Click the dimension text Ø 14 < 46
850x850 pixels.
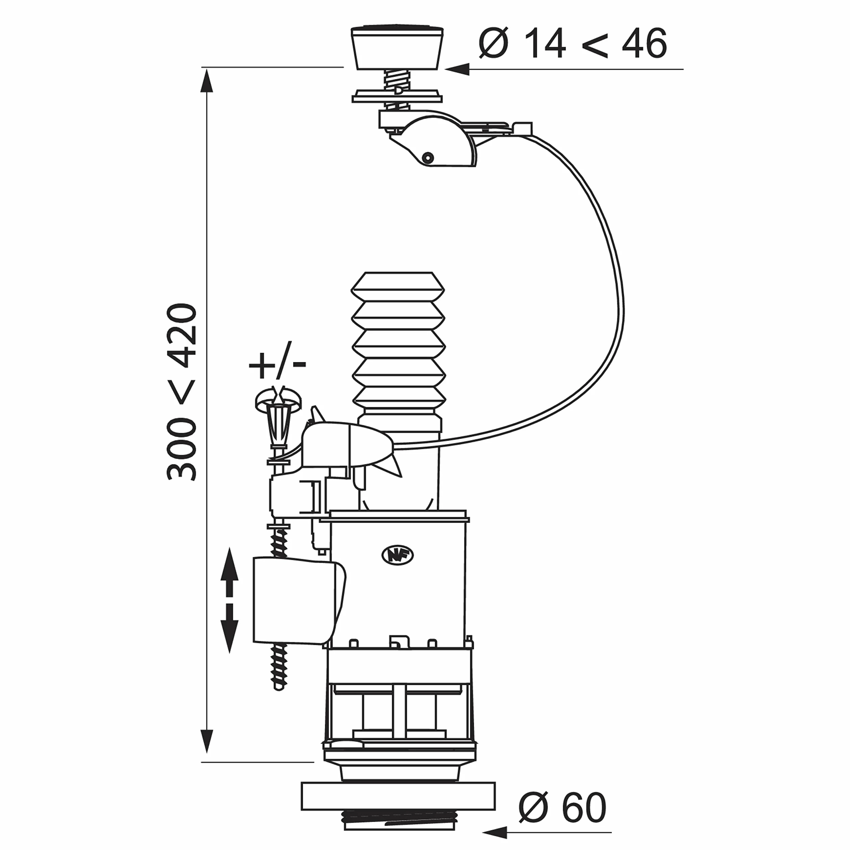(573, 43)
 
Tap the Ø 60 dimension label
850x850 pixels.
(562, 807)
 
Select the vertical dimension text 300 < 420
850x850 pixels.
(181, 392)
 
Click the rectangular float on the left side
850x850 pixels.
(299, 601)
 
